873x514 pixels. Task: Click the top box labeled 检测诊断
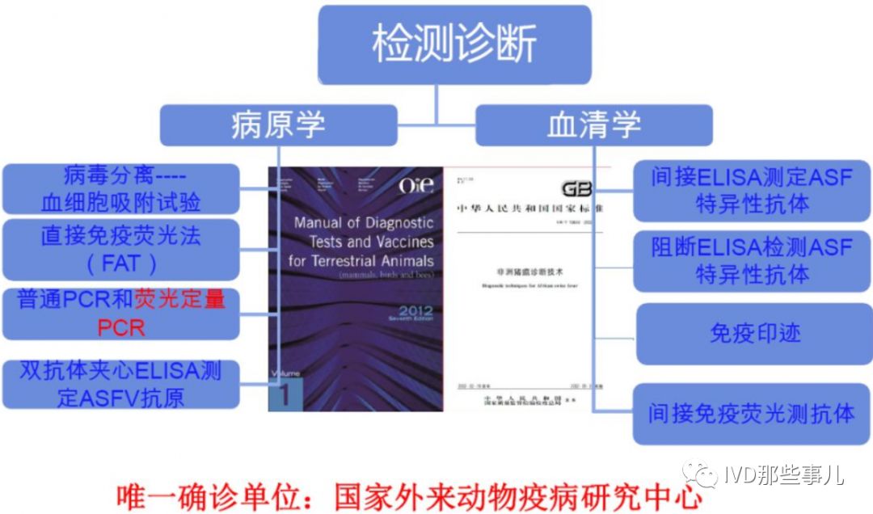pos(453,44)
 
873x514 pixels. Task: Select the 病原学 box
pos(278,125)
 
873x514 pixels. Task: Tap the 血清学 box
pos(594,125)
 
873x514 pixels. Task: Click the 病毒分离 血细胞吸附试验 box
pos(120,189)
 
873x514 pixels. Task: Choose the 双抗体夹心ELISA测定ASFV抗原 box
pos(120,384)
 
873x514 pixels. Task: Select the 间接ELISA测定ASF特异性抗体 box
pos(752,190)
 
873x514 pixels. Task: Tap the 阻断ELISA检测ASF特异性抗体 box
pos(752,259)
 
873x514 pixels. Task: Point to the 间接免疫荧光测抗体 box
pos(752,414)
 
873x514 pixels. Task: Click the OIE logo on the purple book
pos(416,186)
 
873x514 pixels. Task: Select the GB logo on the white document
pos(576,189)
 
